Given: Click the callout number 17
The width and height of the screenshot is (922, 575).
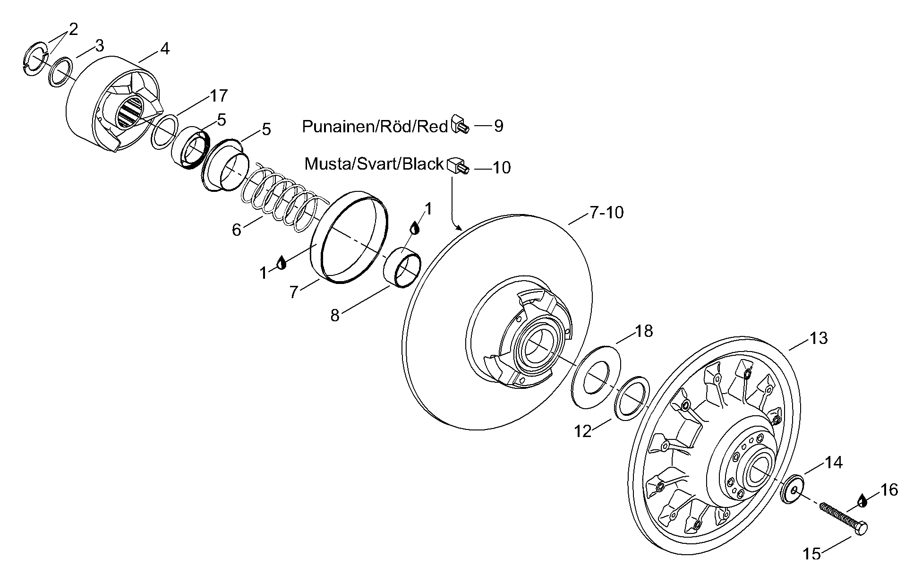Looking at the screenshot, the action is click(219, 96).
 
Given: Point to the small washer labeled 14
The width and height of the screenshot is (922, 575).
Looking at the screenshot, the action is click(792, 489).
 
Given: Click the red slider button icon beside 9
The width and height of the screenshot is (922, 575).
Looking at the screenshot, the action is click(461, 124).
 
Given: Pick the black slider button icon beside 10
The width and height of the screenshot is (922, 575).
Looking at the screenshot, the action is click(458, 166).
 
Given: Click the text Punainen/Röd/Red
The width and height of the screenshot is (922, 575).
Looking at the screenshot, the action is click(375, 127).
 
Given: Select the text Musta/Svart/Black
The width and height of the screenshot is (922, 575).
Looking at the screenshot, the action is click(374, 164).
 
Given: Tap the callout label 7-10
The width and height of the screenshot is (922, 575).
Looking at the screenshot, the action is click(606, 213).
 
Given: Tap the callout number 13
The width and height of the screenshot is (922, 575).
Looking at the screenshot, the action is click(819, 338).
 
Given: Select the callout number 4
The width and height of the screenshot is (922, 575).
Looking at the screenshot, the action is click(164, 49).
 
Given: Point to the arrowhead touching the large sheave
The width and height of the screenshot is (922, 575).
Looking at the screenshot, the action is click(459, 228).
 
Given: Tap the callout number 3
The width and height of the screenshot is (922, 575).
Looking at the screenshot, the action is click(99, 46).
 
